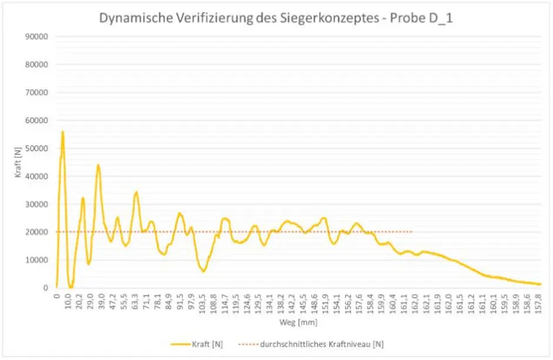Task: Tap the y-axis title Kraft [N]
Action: point(19,161)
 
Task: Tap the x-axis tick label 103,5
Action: point(202,301)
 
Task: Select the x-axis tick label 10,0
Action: point(68,300)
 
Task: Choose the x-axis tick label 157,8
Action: point(538,301)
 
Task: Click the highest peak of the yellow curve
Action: point(62,132)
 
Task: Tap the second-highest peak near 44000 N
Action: point(98,165)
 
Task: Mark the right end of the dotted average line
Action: point(412,232)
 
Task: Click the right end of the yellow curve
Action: point(540,284)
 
